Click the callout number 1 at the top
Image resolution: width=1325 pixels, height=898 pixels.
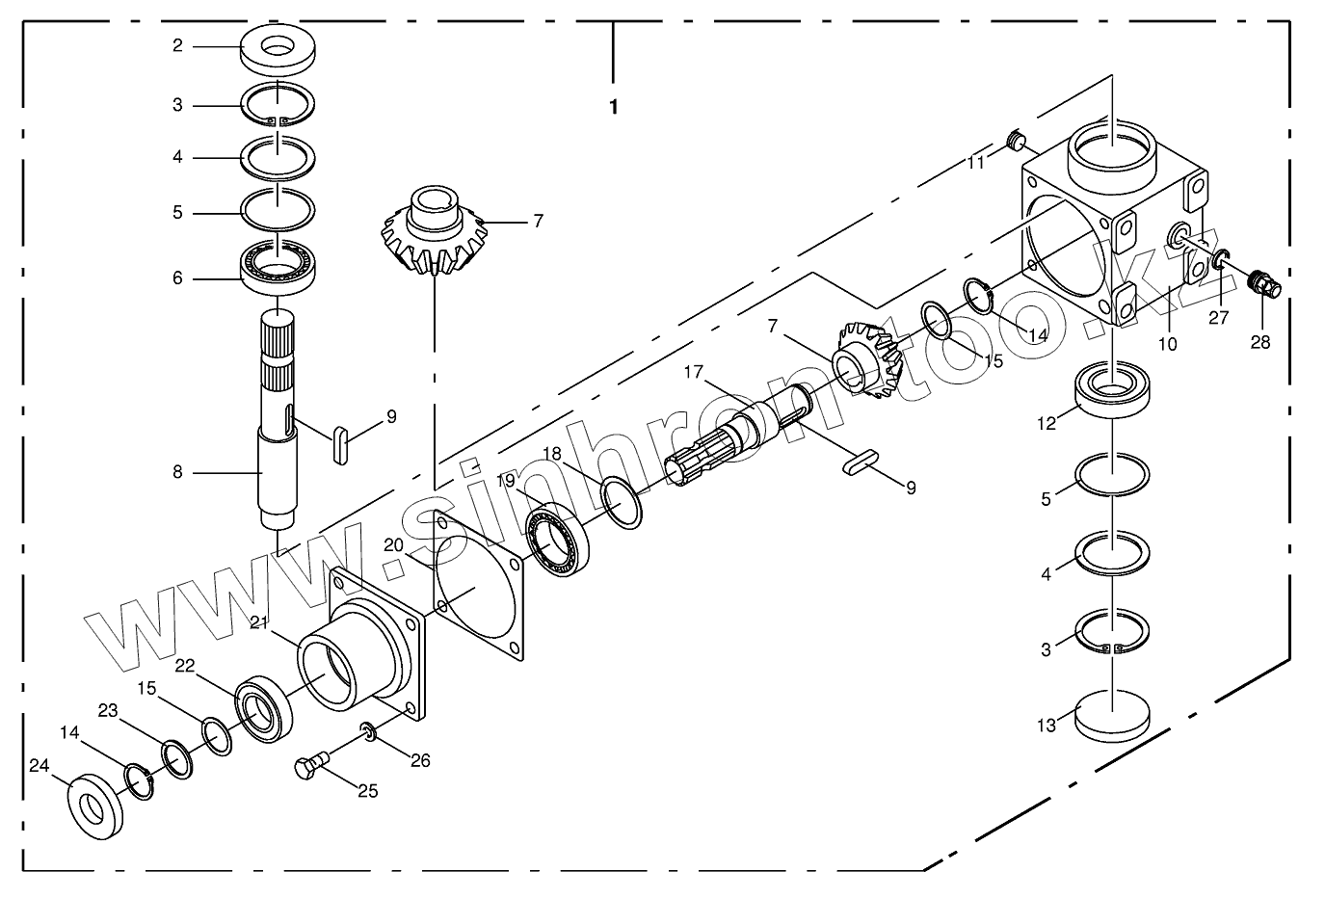613,107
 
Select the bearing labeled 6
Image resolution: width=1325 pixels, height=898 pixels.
278,265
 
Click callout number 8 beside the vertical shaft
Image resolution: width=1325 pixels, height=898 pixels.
177,473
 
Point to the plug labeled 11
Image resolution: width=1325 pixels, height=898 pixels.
1016,143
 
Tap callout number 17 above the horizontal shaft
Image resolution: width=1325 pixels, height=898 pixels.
694,372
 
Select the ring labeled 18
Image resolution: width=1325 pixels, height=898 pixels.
622,502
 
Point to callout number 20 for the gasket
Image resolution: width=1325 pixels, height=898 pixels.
393,544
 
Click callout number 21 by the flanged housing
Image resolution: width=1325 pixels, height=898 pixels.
258,623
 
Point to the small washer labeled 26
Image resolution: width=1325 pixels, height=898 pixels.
369,733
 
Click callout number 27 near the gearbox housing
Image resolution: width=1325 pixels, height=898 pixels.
1219,319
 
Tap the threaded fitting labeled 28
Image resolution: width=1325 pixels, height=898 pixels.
1259,282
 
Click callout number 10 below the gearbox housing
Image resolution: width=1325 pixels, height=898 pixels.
1167,343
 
